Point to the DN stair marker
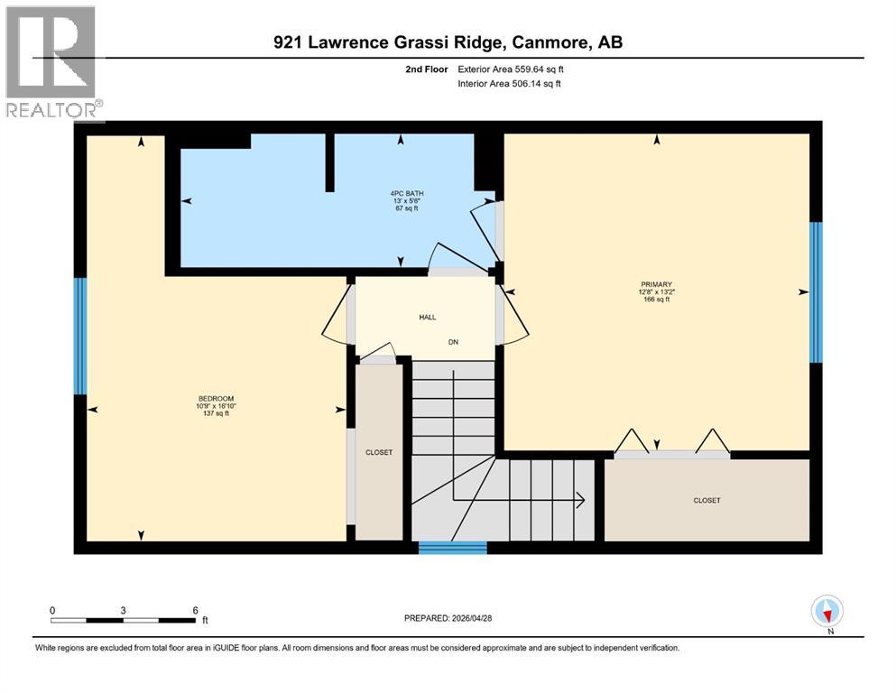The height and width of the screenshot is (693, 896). [x=454, y=342]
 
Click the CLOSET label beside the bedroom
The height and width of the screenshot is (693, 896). [x=379, y=452]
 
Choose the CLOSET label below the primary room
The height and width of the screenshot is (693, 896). [x=707, y=500]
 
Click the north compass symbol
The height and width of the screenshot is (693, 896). [x=827, y=612]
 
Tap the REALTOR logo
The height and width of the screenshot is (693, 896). [x=51, y=62]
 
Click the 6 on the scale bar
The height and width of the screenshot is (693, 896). [x=196, y=610]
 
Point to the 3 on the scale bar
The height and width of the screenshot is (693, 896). [x=124, y=610]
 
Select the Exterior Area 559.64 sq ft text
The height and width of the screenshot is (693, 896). [x=513, y=69]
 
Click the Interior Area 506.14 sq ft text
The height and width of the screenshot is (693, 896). [x=511, y=84]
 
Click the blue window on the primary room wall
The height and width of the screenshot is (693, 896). [x=816, y=291]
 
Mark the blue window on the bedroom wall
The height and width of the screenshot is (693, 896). [x=79, y=336]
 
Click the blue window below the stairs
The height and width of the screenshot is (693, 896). [x=453, y=547]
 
